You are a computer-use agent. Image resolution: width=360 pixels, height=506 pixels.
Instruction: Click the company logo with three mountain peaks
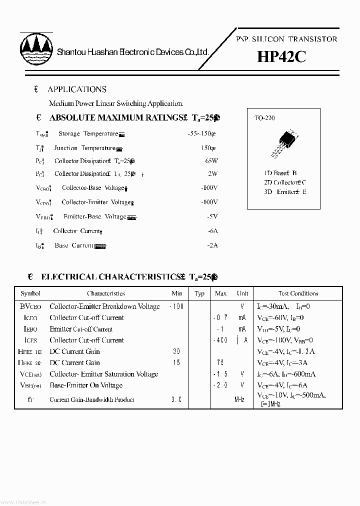(36, 49)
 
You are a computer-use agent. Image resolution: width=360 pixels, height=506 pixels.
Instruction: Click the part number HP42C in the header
(281, 57)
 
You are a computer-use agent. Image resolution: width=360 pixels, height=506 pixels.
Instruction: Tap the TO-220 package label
(264, 118)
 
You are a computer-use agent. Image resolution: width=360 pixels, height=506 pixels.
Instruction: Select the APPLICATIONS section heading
(76, 89)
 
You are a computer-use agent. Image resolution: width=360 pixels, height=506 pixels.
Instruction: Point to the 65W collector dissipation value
(211, 161)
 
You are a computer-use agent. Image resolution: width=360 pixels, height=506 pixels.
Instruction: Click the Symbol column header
(30, 293)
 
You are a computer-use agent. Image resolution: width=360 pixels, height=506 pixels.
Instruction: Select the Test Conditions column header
(298, 293)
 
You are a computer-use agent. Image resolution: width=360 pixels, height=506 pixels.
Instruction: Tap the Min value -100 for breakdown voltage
(176, 306)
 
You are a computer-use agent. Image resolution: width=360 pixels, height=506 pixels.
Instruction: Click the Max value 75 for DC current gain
(220, 362)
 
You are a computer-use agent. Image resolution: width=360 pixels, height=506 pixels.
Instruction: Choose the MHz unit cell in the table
(239, 399)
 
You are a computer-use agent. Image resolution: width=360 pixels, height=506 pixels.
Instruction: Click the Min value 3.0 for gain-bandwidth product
(176, 399)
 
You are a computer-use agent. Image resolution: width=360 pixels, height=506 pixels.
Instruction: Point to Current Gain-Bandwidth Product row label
(92, 399)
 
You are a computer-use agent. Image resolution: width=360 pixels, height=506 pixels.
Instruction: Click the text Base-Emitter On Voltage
(86, 385)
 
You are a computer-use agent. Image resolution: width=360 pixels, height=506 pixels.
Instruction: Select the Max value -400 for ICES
(220, 340)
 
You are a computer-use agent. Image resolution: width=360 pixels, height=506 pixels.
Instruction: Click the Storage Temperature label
(88, 134)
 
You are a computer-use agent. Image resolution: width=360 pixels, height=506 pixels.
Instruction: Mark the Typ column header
(199, 293)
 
